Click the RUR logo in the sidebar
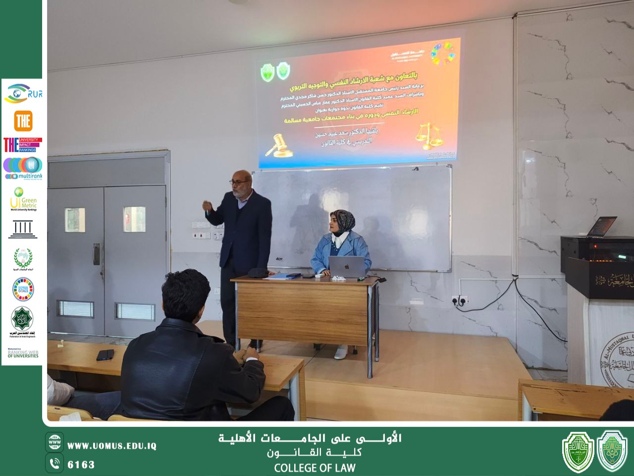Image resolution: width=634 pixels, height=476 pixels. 23,94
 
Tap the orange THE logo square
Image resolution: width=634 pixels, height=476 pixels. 23,120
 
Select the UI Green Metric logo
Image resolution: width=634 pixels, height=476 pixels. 23,199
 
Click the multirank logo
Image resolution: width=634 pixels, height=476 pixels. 23,168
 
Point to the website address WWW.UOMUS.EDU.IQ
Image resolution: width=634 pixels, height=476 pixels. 111,446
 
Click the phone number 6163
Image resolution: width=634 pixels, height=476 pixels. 81,465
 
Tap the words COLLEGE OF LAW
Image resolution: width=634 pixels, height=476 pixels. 315,468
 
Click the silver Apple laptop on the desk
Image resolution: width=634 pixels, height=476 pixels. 347,266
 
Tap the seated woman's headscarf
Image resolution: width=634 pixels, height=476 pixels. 342,221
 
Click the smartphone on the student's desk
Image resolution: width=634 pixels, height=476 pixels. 105,355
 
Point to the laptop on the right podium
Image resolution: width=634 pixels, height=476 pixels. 600,227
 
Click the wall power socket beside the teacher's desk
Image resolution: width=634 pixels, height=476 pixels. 459,299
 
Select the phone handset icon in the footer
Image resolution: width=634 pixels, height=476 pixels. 54,464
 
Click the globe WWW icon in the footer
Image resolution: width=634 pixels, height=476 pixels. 54,441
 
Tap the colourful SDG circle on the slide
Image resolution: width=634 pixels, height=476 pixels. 442,54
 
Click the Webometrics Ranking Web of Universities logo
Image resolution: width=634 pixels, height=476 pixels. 23,353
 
